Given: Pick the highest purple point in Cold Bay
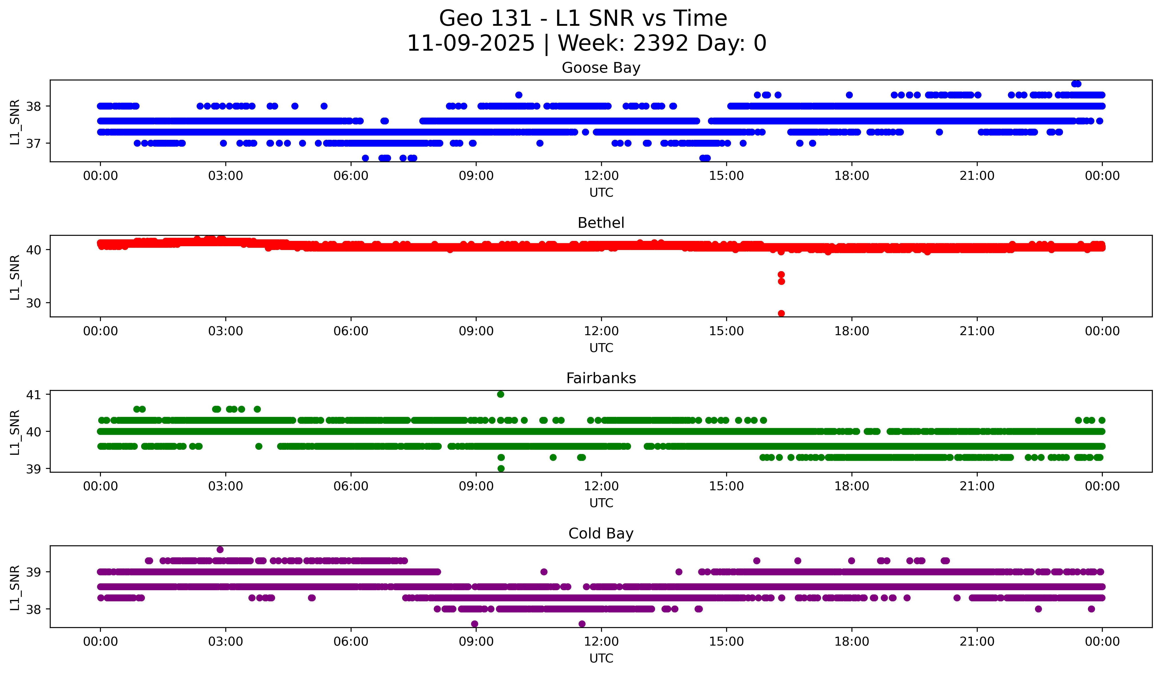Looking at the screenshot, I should (220, 550).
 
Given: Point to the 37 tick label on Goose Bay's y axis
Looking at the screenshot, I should (33, 143).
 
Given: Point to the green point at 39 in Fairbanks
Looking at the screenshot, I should (501, 468).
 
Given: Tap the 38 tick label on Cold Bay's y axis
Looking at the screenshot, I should (33, 609).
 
